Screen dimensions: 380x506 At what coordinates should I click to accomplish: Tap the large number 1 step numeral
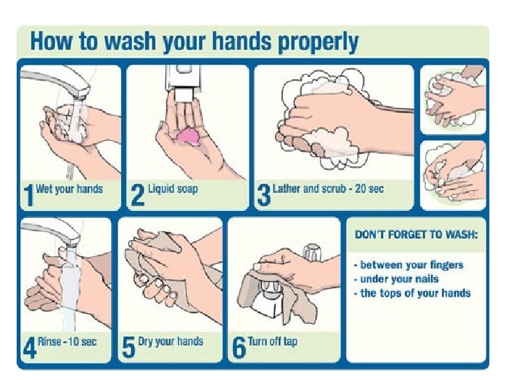click(x=28, y=196)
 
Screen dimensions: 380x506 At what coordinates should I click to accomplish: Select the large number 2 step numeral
click(x=138, y=196)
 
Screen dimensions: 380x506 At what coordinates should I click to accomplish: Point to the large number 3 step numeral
click(x=263, y=196)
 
